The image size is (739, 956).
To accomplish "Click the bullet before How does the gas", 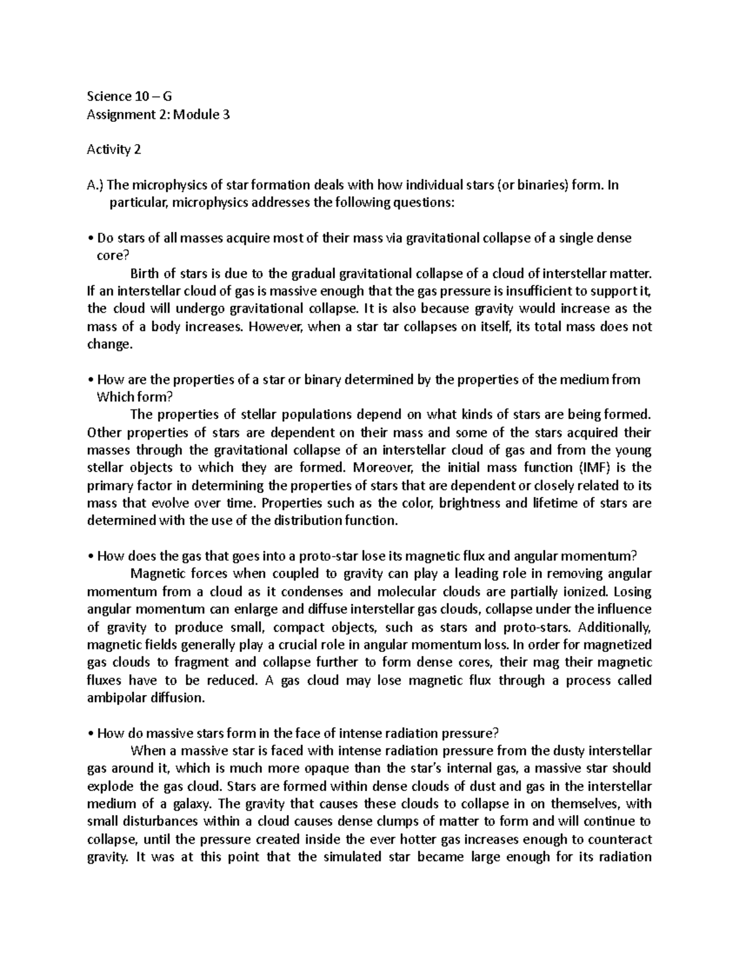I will [x=91, y=556].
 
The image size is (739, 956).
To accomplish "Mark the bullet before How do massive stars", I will [x=91, y=733].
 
